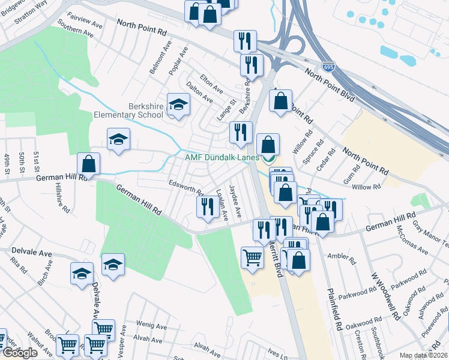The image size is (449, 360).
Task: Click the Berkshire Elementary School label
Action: click(x=128, y=110)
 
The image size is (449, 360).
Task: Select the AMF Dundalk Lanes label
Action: click(x=221, y=158)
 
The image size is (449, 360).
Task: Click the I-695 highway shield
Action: click(x=328, y=67)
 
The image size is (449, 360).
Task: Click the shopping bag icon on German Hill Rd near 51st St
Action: click(x=89, y=163)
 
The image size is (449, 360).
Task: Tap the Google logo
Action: click(x=20, y=353)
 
